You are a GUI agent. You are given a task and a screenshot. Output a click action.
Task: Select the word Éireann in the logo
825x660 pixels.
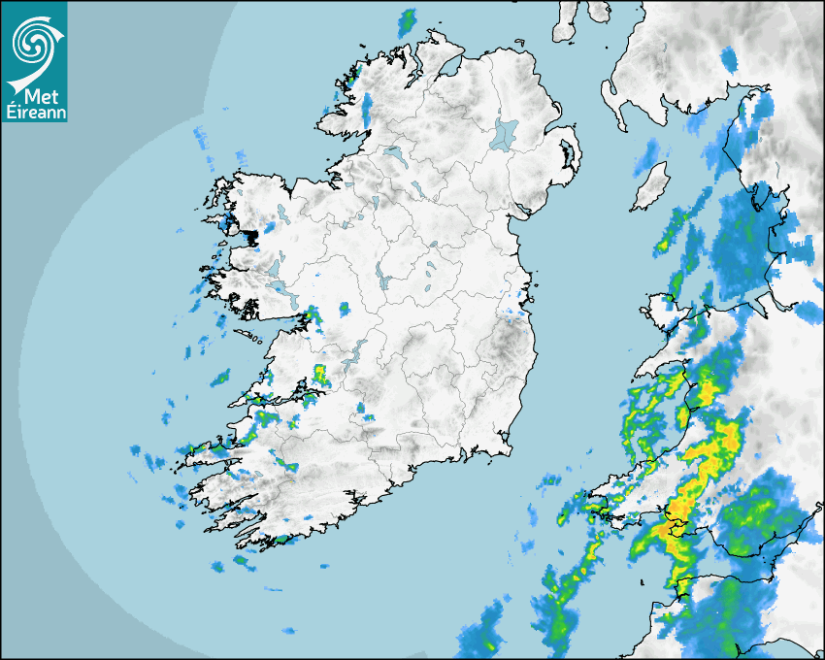click(x=34, y=112)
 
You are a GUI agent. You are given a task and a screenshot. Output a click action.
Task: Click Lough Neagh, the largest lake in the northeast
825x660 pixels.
click(x=505, y=134)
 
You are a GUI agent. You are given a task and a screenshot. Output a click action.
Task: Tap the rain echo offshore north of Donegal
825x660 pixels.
click(x=408, y=21)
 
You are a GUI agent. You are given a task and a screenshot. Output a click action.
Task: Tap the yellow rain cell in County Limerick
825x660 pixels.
click(x=320, y=374)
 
